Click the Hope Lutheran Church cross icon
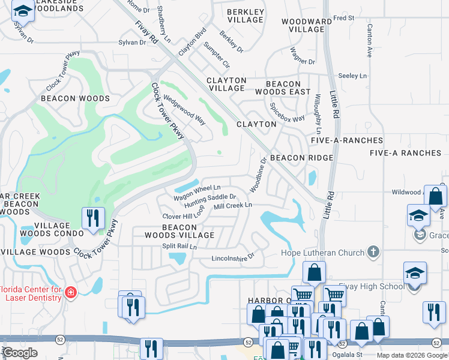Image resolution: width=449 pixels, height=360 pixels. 373,253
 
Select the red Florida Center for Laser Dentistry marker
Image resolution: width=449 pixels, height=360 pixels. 71,292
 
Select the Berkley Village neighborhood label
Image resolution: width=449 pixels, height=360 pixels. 246,16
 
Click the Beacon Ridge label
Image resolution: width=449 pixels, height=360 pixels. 301,157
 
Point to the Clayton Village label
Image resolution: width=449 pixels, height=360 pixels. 226,84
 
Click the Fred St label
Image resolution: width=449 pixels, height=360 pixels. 344,18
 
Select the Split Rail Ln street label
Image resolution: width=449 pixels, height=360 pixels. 179,247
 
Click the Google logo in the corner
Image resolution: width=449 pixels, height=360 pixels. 20,353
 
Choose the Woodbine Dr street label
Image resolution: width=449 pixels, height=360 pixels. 258,175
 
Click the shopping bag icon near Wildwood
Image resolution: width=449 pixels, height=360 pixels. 436,196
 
